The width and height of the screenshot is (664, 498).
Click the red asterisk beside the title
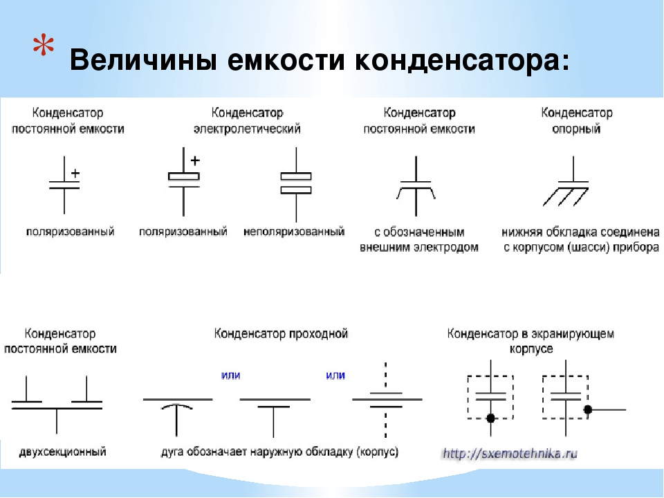(x=44, y=46)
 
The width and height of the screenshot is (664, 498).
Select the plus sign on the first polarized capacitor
(x=75, y=173)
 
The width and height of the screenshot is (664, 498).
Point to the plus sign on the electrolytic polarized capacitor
(x=195, y=160)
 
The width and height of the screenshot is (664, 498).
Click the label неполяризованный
(x=294, y=232)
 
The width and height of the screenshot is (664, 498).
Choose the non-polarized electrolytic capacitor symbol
(x=296, y=184)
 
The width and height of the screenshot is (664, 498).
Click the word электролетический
(x=247, y=129)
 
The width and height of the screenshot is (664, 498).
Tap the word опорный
(x=576, y=129)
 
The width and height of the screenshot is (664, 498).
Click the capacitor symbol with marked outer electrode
(x=416, y=186)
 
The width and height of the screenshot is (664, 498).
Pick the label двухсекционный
(x=62, y=452)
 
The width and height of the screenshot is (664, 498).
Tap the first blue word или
(x=231, y=375)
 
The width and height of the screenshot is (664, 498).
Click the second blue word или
(x=335, y=375)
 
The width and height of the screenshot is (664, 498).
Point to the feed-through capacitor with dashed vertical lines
(x=386, y=400)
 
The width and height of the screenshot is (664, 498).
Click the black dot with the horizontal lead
(x=588, y=409)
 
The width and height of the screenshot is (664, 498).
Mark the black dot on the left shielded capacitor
(x=491, y=418)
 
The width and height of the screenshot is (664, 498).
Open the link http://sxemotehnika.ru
(x=510, y=454)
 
